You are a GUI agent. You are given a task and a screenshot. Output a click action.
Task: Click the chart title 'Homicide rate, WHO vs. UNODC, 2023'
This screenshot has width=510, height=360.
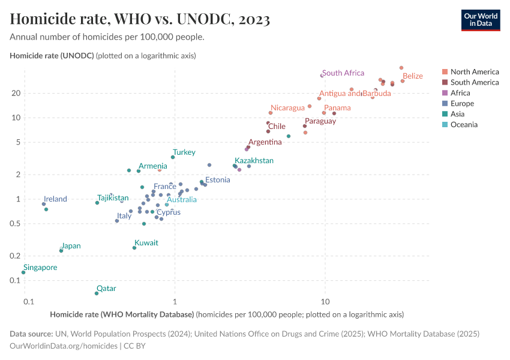click(x=140, y=19)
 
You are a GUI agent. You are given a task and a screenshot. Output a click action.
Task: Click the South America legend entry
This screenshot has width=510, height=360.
click(x=474, y=82)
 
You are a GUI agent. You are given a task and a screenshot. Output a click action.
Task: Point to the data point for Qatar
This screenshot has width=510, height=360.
click(x=97, y=293)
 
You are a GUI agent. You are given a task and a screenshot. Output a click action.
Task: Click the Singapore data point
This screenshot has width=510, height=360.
click(x=23, y=272)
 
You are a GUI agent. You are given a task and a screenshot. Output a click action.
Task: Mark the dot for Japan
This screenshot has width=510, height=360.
click(x=61, y=251)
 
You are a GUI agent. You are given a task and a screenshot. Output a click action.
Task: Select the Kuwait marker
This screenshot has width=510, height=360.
click(x=134, y=248)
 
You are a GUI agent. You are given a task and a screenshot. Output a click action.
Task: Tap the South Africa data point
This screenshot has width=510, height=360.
click(x=322, y=76)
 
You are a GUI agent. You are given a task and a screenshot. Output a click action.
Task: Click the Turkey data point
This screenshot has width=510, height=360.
click(x=173, y=157)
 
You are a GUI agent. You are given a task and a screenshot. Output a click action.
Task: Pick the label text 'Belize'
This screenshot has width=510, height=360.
click(x=412, y=76)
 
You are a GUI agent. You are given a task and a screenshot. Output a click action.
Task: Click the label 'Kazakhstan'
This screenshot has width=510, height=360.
click(x=254, y=161)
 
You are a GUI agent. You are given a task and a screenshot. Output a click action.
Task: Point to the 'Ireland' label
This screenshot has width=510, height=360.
click(x=55, y=199)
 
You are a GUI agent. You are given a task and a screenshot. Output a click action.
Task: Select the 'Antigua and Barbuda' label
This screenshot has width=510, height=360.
click(x=355, y=94)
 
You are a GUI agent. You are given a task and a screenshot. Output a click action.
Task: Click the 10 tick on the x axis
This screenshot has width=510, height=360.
click(x=325, y=301)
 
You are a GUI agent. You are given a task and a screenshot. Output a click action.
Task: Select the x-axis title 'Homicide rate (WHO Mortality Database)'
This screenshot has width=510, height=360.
click(x=122, y=314)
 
